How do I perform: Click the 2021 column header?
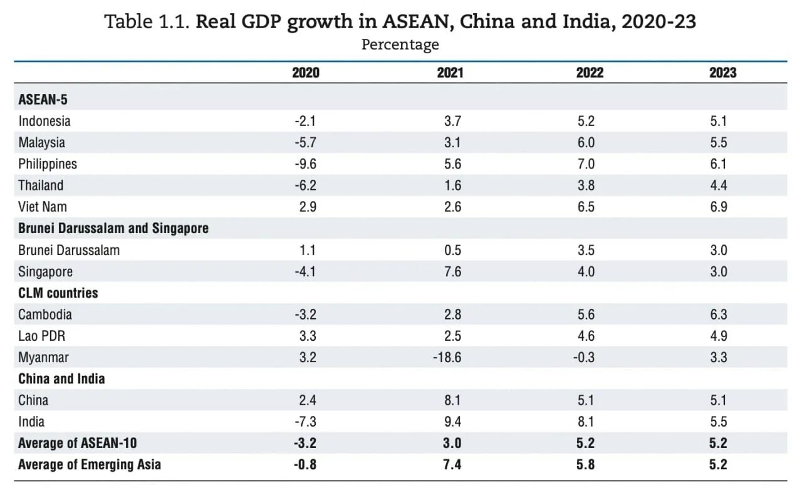(450, 73)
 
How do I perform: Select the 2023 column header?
(722, 73)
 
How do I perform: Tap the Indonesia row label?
(44, 121)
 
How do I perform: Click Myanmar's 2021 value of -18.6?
(448, 358)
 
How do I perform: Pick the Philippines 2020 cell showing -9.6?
(305, 164)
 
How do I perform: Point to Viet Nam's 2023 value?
(719, 207)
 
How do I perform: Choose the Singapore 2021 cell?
(452, 272)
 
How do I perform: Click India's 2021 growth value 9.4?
(452, 422)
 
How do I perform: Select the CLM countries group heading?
(58, 293)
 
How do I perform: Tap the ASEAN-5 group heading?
(43, 100)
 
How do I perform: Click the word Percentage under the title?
(400, 45)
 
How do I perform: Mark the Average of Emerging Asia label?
(90, 464)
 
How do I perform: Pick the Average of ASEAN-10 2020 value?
(305, 444)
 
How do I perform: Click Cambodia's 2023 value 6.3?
(719, 314)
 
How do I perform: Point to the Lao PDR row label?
(41, 336)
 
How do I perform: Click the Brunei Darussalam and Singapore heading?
(113, 229)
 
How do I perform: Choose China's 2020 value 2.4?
(307, 400)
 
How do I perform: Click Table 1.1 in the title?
(147, 23)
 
